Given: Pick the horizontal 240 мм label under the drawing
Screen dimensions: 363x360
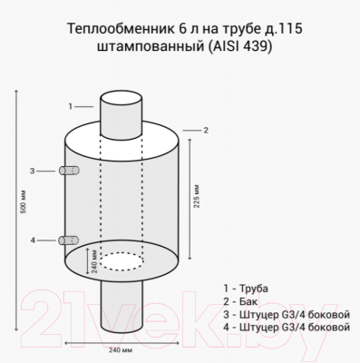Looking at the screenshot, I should click(x=121, y=348).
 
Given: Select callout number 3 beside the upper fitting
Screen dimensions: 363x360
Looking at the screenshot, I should click(x=33, y=171).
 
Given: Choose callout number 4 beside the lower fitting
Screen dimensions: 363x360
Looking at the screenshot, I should click(x=33, y=240).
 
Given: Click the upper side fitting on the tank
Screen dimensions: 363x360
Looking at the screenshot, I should click(x=65, y=171).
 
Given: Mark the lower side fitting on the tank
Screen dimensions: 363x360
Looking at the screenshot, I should click(x=65, y=240).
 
